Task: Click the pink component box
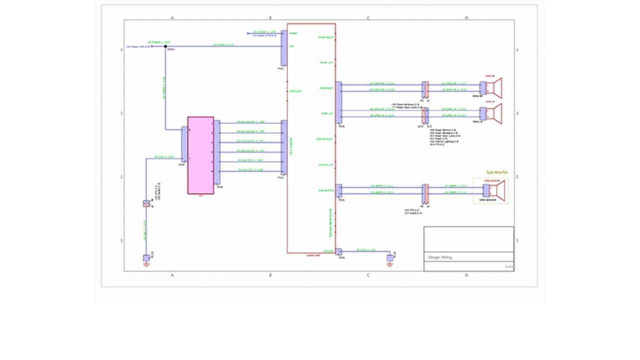200,155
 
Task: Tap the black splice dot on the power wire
165,46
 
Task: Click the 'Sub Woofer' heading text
497,172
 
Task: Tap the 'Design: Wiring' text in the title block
440,257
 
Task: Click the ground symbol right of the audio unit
390,258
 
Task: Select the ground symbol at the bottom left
146,259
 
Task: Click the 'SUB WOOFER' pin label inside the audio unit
326,190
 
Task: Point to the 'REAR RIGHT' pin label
326,88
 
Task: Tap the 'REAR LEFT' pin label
326,113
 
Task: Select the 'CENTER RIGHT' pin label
325,139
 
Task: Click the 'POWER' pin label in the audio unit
293,33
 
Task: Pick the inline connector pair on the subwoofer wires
425,190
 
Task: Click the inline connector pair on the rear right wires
425,88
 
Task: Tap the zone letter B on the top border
270,18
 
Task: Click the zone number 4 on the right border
517,50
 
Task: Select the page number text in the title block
508,267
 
